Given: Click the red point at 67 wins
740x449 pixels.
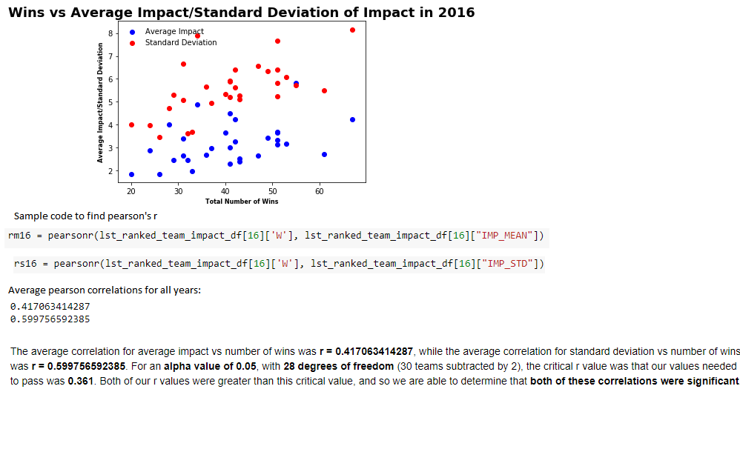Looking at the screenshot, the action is [352, 30].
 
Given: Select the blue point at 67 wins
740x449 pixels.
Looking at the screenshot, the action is [352, 120].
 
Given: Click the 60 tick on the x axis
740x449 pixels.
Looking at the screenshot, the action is [320, 191].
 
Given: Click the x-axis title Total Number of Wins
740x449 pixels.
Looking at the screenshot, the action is [242, 202].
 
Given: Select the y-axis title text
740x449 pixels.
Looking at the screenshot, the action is [100, 103].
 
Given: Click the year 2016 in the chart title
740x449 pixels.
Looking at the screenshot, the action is [456, 13].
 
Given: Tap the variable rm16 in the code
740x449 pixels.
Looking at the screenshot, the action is [19, 236].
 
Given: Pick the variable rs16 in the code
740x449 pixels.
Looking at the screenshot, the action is [25, 264].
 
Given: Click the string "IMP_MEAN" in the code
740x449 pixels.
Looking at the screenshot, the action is [504, 236].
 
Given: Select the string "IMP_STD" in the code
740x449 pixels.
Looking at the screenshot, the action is [507, 264].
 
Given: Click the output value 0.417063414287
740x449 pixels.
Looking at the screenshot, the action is [50, 307].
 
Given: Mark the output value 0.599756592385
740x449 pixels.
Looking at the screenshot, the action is [50, 319].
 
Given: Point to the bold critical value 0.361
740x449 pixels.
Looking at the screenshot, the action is [81, 381].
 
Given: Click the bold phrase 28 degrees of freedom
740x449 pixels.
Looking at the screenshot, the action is [338, 367].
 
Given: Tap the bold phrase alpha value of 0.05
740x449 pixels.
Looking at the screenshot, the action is [210, 367].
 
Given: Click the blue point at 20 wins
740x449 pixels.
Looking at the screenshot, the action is [132, 175].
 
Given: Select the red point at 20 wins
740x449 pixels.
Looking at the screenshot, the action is [132, 125].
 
